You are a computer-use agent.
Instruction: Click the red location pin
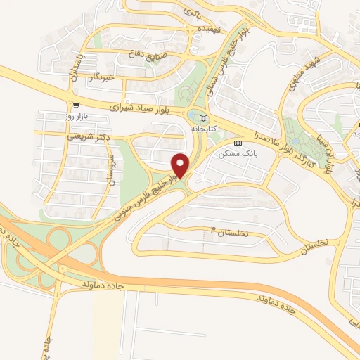pos(181,165)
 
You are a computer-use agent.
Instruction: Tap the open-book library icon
pos(204,117)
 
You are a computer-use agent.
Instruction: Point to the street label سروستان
pos(108,172)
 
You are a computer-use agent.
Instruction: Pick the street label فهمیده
pos(160,30)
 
